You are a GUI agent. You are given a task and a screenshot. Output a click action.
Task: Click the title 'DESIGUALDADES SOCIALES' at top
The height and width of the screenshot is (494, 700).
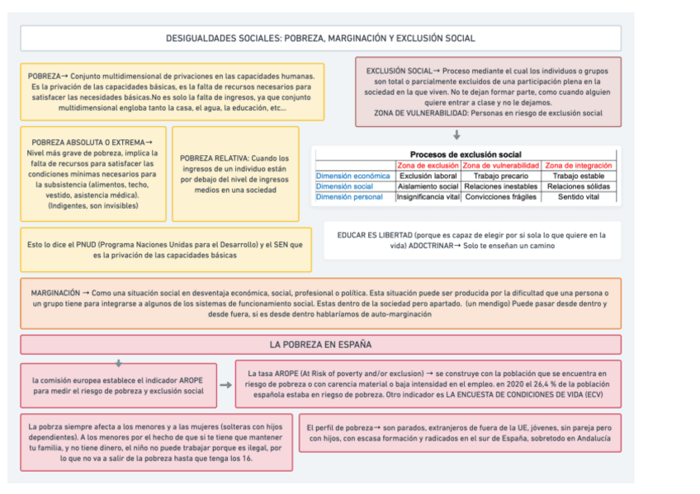coord(320,38)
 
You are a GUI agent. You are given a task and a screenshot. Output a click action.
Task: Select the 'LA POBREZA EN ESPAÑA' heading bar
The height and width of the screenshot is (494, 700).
coord(320,344)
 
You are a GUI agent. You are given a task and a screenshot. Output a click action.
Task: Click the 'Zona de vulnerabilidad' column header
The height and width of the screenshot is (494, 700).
coord(501,166)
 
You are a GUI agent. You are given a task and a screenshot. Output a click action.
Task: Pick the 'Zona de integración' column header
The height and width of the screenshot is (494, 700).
coord(579,166)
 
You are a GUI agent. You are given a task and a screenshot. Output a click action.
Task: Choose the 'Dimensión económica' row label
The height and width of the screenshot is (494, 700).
coord(353,176)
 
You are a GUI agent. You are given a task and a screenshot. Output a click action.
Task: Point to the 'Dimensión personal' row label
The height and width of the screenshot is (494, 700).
coord(349,197)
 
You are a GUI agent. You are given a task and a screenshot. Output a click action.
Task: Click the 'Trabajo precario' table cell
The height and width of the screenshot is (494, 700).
coord(501,176)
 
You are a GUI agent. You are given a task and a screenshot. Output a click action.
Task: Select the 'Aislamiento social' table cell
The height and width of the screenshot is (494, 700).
coord(428,186)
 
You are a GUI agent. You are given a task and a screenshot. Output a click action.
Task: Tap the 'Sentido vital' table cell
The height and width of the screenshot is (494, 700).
coord(579,197)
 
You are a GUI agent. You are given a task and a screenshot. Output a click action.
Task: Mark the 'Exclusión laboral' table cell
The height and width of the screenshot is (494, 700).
coord(428,176)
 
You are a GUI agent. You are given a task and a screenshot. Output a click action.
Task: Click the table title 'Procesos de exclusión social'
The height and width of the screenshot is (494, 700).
coord(466,154)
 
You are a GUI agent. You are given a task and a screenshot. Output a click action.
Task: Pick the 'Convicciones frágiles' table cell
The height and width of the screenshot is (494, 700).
coord(501,197)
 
